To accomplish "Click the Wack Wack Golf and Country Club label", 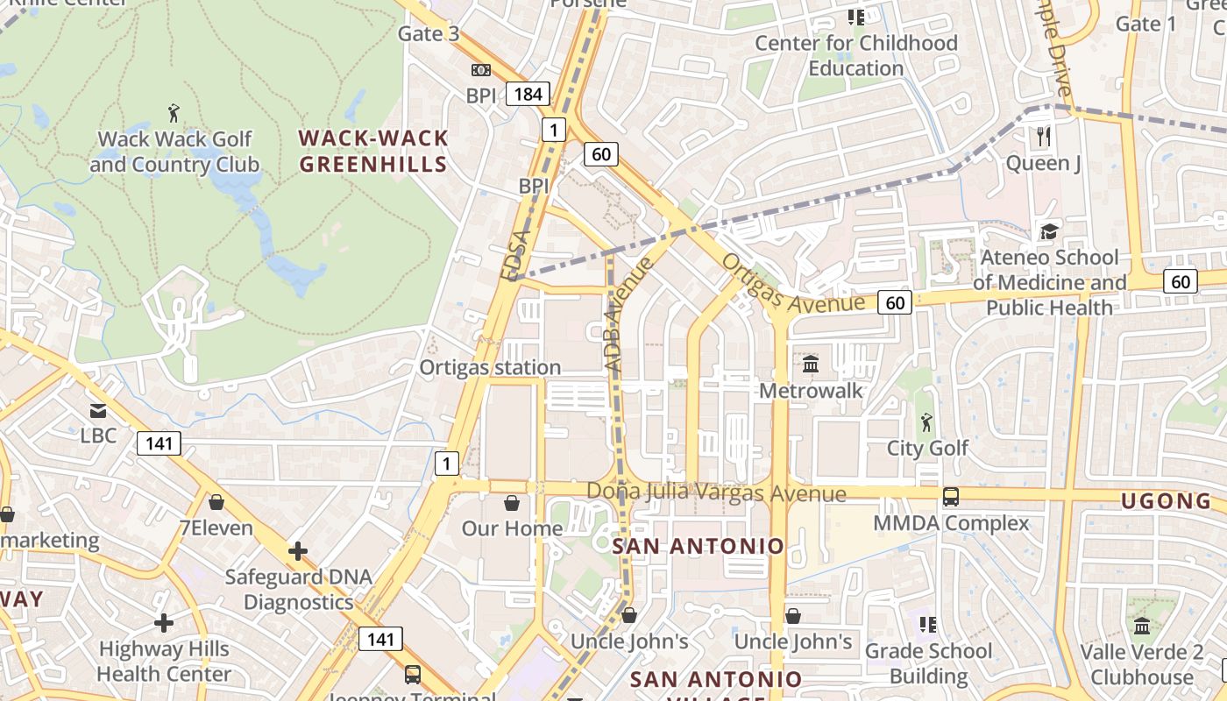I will point(174,152).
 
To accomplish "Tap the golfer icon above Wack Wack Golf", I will point(174,113).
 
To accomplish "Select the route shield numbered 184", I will point(528,94).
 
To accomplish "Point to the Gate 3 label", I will point(429,33).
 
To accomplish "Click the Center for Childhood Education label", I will point(855,55).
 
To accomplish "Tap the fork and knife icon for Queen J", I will point(1043,136).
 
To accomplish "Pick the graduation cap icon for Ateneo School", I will point(1049,231).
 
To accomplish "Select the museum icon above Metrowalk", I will point(811,364).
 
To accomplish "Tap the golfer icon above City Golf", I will point(926,422).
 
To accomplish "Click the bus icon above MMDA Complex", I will point(951,497).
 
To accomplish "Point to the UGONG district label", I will point(1167,501).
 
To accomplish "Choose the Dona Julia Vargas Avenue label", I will point(716,493).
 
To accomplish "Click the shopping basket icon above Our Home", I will point(512,503).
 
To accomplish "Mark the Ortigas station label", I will point(490,367).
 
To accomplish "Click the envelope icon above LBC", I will point(97,410).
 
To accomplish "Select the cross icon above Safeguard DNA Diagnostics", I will point(298,551).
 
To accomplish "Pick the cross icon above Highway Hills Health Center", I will point(164,623).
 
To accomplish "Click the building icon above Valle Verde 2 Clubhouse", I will point(1141,626).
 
